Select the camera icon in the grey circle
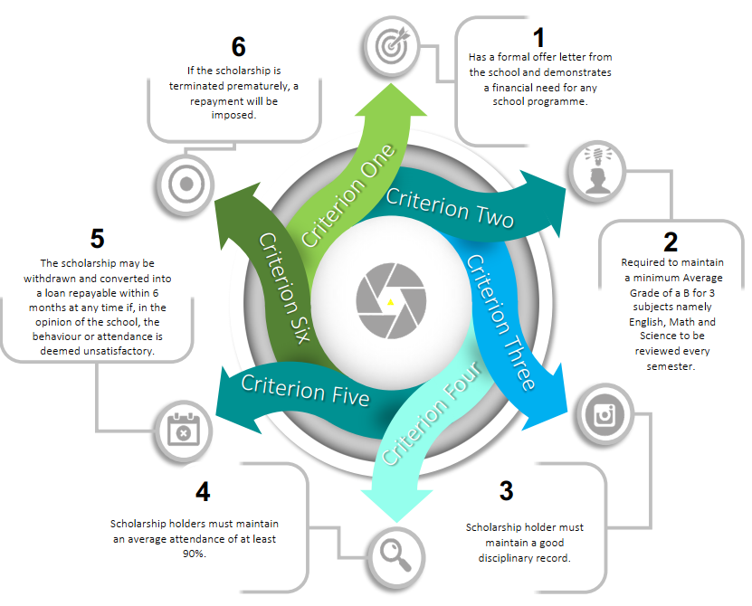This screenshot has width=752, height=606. tap(602, 413)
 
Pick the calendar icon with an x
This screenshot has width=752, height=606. tap(183, 429)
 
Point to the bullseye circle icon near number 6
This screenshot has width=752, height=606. tap(186, 184)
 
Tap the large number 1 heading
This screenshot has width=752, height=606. tap(539, 38)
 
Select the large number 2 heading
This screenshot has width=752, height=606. tap(671, 242)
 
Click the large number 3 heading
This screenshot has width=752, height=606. tap(507, 491)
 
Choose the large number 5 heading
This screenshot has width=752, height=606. tap(97, 239)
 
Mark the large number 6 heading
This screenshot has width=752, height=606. tap(238, 46)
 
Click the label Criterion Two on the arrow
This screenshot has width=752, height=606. tap(450, 207)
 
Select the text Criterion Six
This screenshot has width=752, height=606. tap(285, 288)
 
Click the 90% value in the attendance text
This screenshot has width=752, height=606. tap(195, 554)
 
